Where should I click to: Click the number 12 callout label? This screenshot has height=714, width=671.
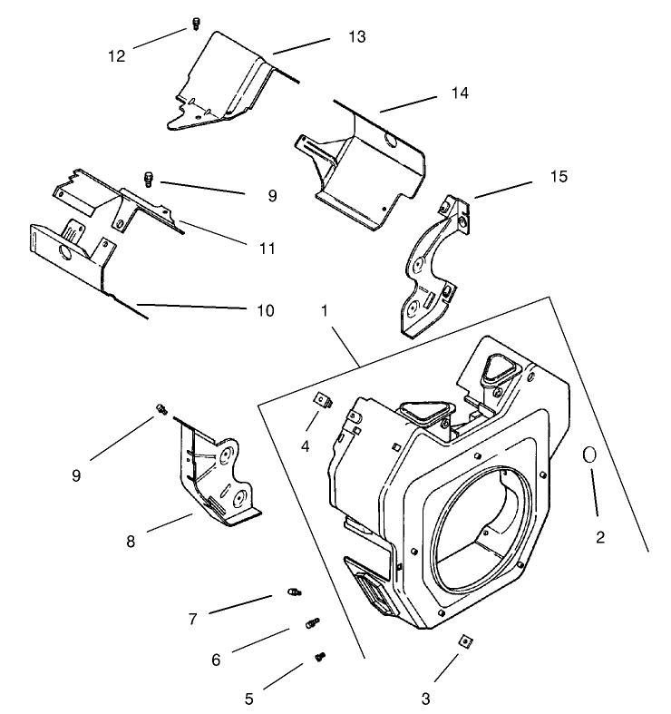(116, 55)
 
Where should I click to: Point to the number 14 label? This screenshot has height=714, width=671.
(460, 93)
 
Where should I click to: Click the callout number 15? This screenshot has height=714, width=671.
(558, 176)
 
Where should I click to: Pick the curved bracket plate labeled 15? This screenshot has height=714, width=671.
(431, 268)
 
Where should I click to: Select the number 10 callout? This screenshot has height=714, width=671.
(264, 310)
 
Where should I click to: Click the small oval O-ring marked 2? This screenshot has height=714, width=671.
(588, 455)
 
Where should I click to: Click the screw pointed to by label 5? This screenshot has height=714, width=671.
(319, 656)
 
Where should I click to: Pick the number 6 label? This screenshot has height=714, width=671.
(216, 660)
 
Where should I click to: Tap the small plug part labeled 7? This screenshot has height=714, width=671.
(293, 592)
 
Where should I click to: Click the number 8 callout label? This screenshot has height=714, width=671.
(132, 543)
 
